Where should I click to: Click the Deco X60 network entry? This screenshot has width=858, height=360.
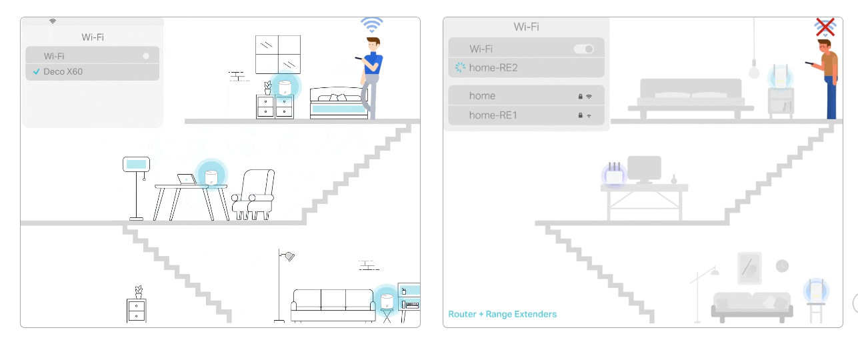click(92, 72)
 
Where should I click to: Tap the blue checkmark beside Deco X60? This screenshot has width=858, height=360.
click(37, 71)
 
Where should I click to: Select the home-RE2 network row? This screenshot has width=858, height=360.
click(526, 68)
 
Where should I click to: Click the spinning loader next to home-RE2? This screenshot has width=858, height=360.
click(459, 67)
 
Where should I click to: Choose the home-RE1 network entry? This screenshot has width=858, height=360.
click(526, 115)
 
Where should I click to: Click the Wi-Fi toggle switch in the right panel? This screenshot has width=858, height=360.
click(583, 49)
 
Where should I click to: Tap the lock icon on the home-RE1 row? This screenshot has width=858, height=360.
click(580, 115)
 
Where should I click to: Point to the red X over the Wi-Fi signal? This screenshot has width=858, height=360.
click(825, 27)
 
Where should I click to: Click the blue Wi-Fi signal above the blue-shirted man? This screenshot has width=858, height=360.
click(371, 25)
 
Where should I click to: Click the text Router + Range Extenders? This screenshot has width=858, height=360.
click(502, 314)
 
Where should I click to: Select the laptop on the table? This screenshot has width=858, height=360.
click(187, 179)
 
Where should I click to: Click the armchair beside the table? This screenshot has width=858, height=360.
click(253, 195)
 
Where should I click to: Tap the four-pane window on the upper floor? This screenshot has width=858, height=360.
click(278, 55)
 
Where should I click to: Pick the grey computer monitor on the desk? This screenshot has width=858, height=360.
click(644, 169)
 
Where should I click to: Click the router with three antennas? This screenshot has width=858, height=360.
click(615, 174)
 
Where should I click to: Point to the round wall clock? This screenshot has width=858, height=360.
click(782, 266)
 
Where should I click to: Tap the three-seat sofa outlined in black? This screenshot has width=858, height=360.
click(333, 305)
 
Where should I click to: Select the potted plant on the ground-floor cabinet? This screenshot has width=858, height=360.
click(139, 292)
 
